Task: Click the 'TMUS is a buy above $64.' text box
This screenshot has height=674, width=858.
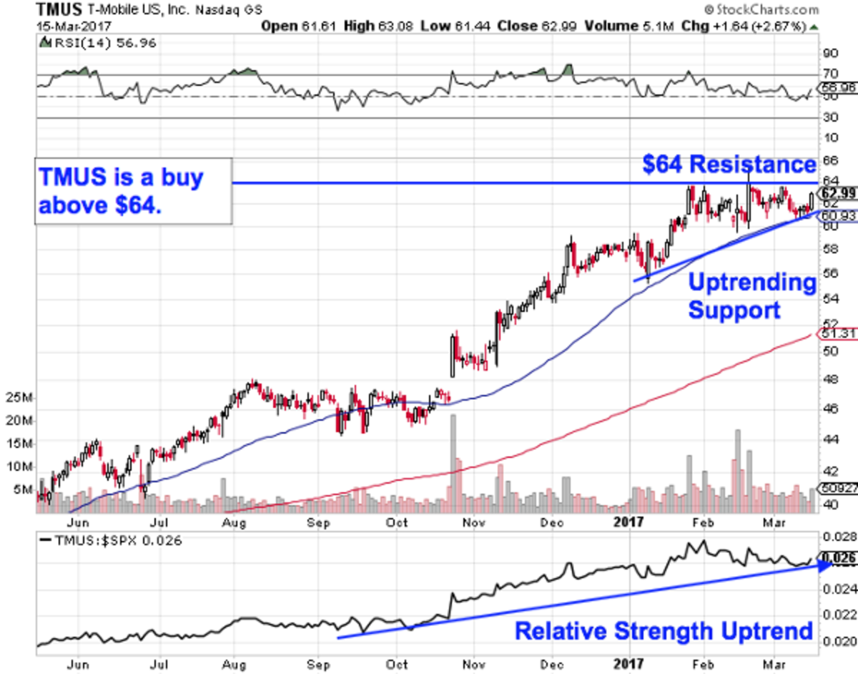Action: (134, 191)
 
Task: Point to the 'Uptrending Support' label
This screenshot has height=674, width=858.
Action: (751, 296)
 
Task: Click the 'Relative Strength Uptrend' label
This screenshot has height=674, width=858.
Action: (664, 631)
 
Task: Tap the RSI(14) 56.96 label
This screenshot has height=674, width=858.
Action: (97, 42)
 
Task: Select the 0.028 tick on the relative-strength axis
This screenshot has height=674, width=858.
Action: (835, 537)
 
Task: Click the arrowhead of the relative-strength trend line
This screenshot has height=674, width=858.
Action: (824, 565)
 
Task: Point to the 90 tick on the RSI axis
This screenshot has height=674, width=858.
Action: (829, 53)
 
